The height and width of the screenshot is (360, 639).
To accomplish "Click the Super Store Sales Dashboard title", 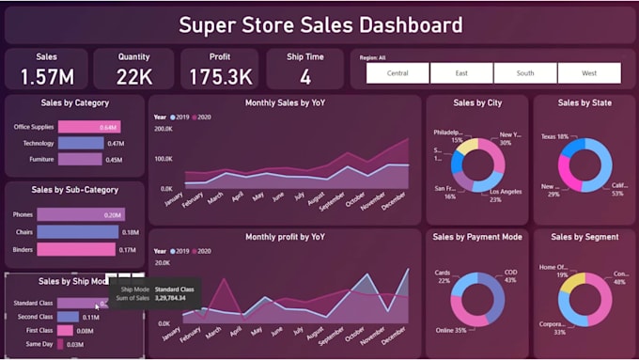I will coord(319,25).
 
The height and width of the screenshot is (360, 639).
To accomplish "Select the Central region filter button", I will coord(397,73).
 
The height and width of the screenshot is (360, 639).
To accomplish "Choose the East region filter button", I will coord(461,73).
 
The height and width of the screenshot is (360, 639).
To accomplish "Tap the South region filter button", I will coord(525,73).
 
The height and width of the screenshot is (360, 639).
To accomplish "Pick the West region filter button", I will coord(589,73).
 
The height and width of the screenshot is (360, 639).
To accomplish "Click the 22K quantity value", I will coord(133,76).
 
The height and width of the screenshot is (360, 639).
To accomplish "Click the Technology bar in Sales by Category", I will coord(81,143).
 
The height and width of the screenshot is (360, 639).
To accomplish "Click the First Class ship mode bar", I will coord(65,331).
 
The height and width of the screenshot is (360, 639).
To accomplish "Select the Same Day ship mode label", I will coord(38,345).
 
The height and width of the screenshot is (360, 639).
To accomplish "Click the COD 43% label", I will coord(510,276).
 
